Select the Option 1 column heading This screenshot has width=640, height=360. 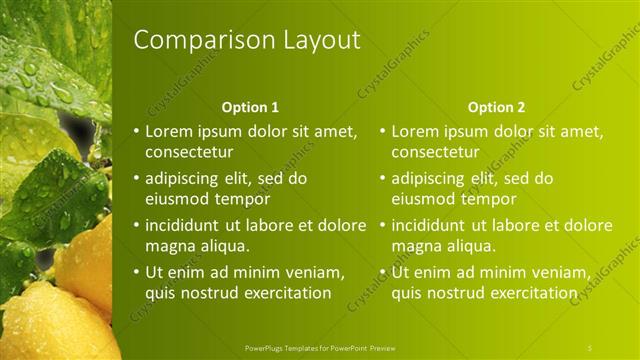pos(250,107)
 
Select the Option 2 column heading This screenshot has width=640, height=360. pos(496,107)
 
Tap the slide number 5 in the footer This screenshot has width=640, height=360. pos(590,347)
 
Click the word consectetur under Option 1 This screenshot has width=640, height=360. pos(189,153)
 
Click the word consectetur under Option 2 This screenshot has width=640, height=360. pos(435,153)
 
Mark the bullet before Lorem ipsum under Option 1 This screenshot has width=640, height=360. pos(136,131)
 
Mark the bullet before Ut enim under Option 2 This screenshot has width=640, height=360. pos(382,271)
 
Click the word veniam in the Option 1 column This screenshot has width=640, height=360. pos(319,271)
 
